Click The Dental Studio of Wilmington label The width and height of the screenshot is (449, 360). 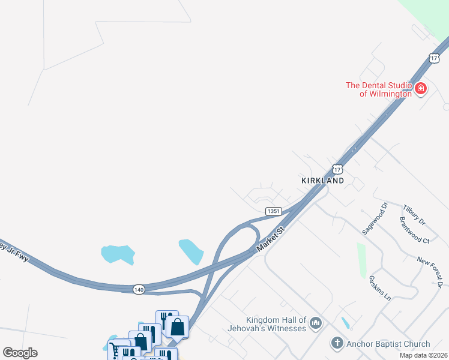[x=378, y=89]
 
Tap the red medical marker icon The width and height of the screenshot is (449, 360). [x=421, y=89]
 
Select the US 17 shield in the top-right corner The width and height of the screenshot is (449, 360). [x=434, y=58]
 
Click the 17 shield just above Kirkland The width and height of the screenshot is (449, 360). [x=337, y=169]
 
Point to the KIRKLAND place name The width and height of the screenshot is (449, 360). [x=322, y=180]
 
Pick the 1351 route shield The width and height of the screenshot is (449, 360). [x=274, y=211]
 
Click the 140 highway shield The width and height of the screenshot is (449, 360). [x=139, y=289]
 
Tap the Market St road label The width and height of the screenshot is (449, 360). [x=269, y=239]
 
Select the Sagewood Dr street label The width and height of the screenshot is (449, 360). [x=375, y=218]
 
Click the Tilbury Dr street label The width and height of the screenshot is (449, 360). [x=414, y=214]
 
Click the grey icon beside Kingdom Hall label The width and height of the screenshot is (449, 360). [x=316, y=324]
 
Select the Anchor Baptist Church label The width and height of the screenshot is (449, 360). [x=389, y=344]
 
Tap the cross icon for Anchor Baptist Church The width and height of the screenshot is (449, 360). [x=337, y=344]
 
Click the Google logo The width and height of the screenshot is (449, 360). [x=20, y=353]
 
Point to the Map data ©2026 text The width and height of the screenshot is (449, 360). [x=423, y=355]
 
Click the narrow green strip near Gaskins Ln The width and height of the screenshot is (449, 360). [x=361, y=260]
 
